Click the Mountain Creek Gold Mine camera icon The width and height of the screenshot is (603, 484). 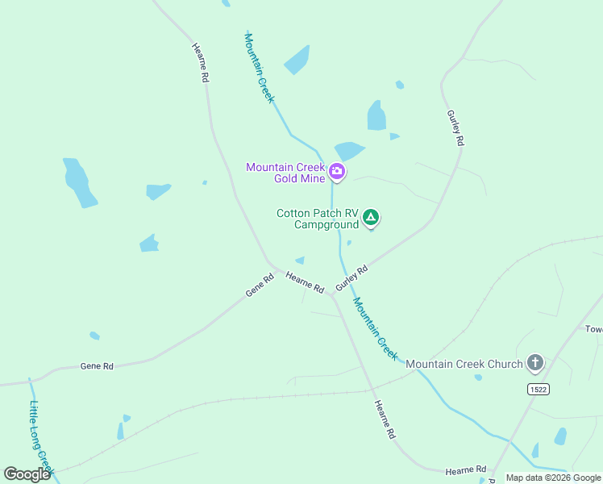point(337,171)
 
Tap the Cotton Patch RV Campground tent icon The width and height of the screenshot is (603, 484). point(371,217)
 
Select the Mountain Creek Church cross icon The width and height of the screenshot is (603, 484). point(535,363)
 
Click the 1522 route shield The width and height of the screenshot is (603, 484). point(539,390)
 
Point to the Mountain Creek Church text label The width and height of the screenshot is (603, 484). point(464,364)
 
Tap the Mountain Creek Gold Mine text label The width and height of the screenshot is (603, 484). point(285,172)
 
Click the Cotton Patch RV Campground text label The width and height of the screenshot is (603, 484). point(317,219)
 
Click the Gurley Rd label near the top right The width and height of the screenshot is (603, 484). point(455,127)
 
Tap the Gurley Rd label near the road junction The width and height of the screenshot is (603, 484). point(351,278)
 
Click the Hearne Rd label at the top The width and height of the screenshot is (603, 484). point(201,63)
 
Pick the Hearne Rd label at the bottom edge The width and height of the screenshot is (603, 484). point(467,469)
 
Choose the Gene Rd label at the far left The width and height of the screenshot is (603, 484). point(97,366)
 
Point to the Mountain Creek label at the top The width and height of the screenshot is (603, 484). point(260,68)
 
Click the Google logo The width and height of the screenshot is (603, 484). point(27,474)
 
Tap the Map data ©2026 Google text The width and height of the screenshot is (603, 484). point(553,478)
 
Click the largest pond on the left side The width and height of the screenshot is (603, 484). point(79,183)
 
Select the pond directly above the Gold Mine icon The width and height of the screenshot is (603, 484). point(348,151)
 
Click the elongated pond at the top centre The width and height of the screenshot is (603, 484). point(297,60)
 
